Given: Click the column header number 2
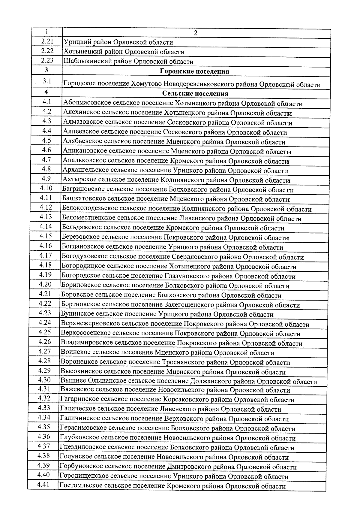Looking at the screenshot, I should click(195, 33).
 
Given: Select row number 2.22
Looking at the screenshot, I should click(47, 51).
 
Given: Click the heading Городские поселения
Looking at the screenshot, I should click(194, 71).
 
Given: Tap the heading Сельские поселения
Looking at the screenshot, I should click(195, 93).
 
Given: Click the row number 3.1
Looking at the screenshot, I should click(47, 81).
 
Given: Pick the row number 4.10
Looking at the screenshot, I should click(46, 188).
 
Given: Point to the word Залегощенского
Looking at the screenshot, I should click(189, 305).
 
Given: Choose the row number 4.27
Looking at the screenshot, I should click(45, 351).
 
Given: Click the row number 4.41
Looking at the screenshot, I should click(43, 485).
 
